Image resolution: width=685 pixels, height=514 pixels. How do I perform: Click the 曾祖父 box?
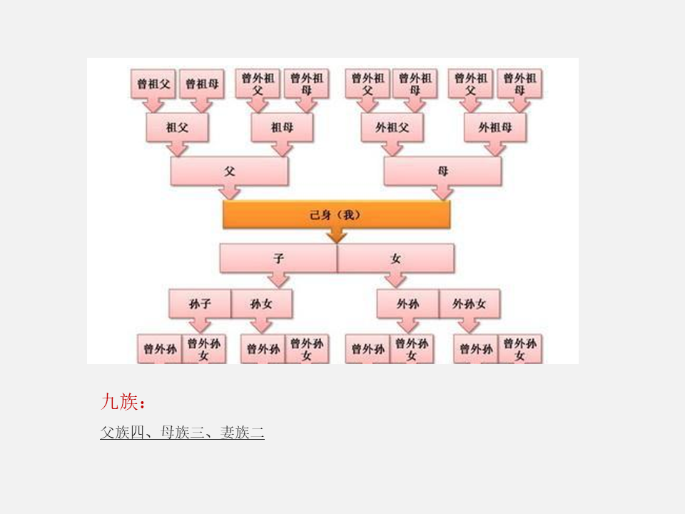coord(153,84)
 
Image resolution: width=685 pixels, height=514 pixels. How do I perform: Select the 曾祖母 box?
coord(202,84)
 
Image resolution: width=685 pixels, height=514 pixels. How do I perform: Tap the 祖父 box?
coord(177,128)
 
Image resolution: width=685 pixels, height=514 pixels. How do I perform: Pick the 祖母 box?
coord(282,128)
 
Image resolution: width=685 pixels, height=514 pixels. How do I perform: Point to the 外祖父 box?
coord(392,128)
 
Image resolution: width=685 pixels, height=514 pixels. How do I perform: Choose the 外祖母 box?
coord(495,128)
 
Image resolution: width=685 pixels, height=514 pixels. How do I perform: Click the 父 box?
coord(229,171)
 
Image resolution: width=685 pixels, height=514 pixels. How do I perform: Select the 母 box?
coord(442,171)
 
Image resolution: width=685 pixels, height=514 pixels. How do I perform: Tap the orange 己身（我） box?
coord(336,214)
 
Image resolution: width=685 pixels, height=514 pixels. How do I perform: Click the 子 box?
coord(278,258)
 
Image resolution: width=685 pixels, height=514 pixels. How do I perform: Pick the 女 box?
coord(395,258)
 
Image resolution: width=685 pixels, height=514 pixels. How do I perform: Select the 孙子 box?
coord(200,304)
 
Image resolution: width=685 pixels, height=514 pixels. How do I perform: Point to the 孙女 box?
coord(261,304)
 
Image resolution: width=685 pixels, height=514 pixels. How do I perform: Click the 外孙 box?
coord(408,304)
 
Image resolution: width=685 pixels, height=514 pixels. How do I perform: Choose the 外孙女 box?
coord(469,304)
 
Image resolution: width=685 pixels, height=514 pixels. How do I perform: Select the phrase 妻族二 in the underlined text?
coord(243,432)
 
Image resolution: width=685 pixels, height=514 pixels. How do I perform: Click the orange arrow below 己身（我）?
coord(336,236)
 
